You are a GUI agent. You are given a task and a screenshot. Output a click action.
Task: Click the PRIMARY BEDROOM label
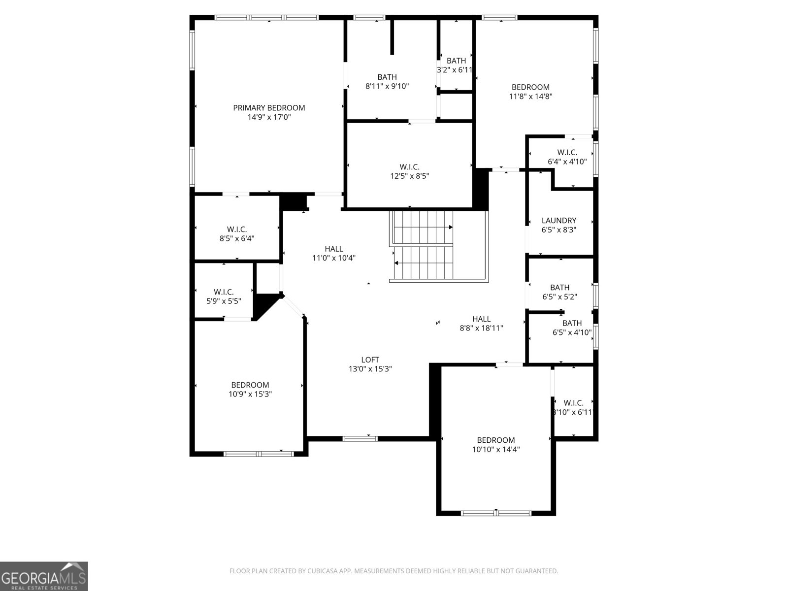tap(269, 108)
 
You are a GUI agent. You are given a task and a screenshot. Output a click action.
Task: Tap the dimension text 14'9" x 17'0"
tap(269, 117)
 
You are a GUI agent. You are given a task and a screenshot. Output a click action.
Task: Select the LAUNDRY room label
tap(558, 221)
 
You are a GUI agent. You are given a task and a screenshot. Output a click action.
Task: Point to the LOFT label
tap(370, 360)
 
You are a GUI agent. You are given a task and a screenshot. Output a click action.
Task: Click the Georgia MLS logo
tap(44, 576)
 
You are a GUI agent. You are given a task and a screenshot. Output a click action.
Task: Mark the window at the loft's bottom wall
tap(360, 438)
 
